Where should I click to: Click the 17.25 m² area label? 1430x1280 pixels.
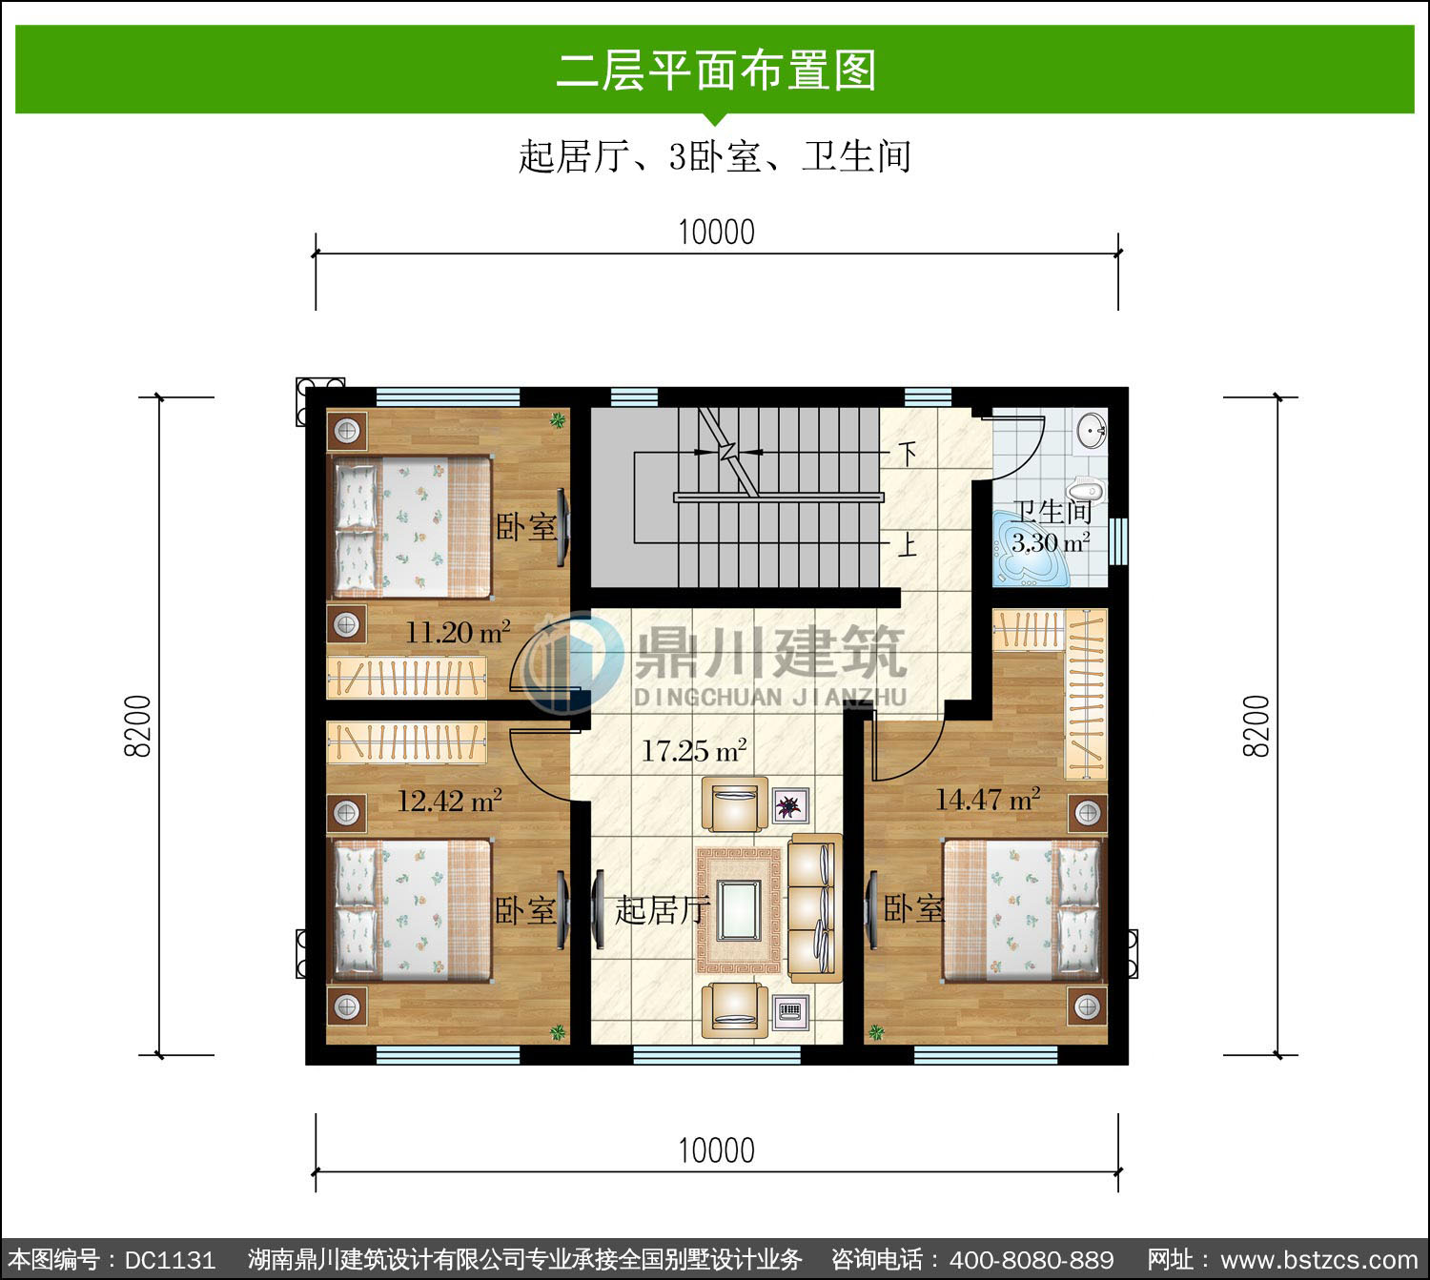[694, 751]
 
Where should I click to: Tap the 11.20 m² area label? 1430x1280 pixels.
[458, 632]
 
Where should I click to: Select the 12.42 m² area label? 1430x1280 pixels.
[450, 801]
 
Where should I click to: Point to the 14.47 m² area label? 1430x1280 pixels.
[988, 799]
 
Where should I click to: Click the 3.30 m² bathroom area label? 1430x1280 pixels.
[1051, 542]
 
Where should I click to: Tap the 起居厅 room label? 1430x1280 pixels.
[661, 909]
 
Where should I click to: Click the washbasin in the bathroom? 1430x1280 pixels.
[1092, 430]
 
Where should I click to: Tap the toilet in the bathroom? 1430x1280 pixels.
[1086, 488]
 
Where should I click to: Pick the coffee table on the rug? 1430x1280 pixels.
[739, 910]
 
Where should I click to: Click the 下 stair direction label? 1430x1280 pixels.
[909, 454]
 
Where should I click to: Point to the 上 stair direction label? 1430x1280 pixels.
[908, 544]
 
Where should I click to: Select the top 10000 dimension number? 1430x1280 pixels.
[716, 233]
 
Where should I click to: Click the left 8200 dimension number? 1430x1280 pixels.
[138, 726]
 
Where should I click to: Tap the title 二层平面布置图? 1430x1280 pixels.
[716, 70]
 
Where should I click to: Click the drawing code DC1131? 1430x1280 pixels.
[170, 1260]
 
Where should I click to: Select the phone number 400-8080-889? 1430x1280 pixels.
[1032, 1260]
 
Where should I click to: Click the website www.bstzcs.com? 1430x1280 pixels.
[1319, 1260]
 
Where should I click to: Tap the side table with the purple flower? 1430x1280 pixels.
[790, 805]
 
